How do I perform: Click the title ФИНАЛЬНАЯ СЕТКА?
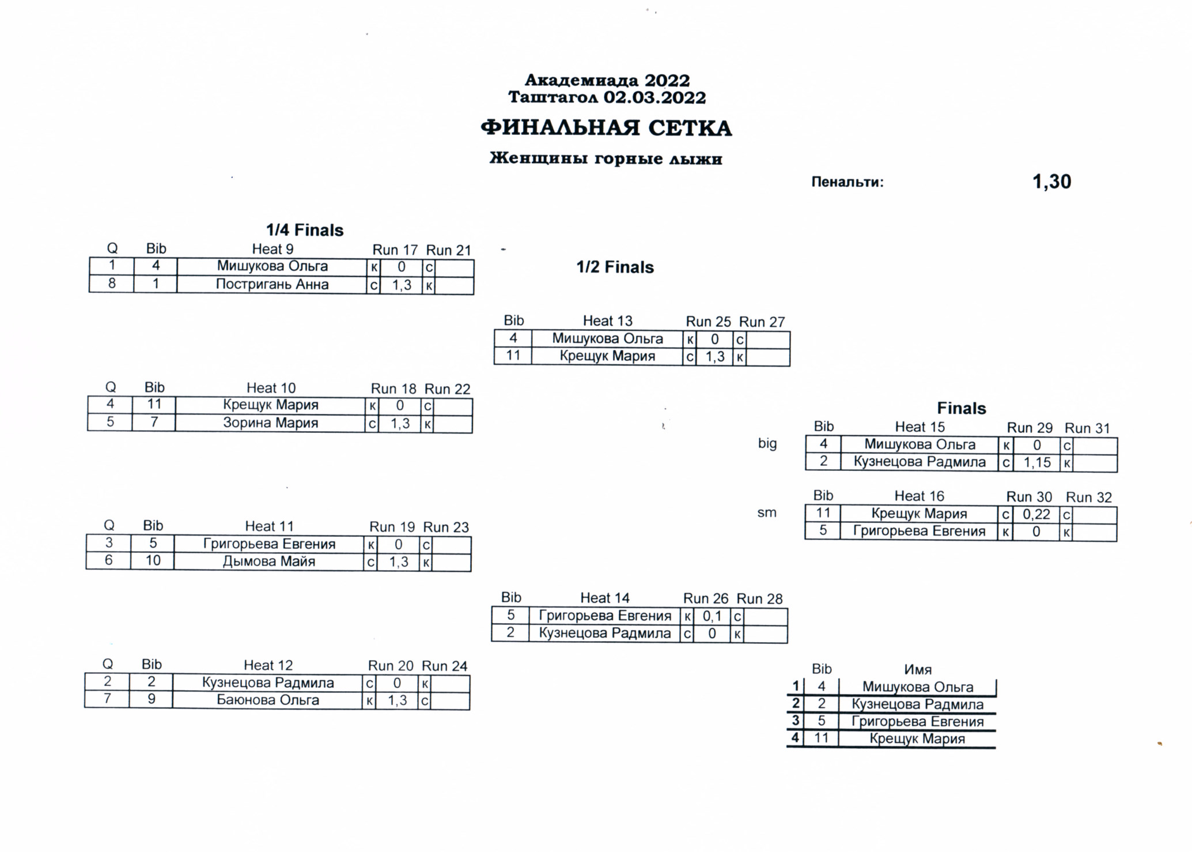pyautogui.click(x=606, y=128)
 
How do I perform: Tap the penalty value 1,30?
pyautogui.click(x=1051, y=182)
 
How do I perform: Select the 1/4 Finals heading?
pyautogui.click(x=305, y=230)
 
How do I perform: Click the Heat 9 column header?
pyautogui.click(x=273, y=249)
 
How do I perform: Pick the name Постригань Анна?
pyautogui.click(x=272, y=284)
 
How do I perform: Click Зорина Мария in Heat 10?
pyautogui.click(x=270, y=423)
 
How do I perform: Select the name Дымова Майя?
pyautogui.click(x=269, y=561)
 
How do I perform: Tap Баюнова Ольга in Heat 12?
pyautogui.click(x=268, y=700)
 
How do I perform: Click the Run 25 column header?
pyautogui.click(x=708, y=322)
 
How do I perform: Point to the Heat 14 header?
pyautogui.click(x=605, y=598)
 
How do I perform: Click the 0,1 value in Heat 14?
pyautogui.click(x=712, y=616)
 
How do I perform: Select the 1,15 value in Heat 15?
pyautogui.click(x=1037, y=462)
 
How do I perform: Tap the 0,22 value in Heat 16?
pyautogui.click(x=1036, y=514)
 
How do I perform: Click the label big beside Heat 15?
pyautogui.click(x=767, y=444)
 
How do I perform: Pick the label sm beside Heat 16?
pyautogui.click(x=767, y=512)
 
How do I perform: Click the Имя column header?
pyautogui.click(x=918, y=670)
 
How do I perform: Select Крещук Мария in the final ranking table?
pyautogui.click(x=917, y=739)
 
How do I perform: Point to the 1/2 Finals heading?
pyautogui.click(x=615, y=267)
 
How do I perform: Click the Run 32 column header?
pyautogui.click(x=1089, y=497)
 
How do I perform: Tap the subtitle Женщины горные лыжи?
pyautogui.click(x=606, y=159)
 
